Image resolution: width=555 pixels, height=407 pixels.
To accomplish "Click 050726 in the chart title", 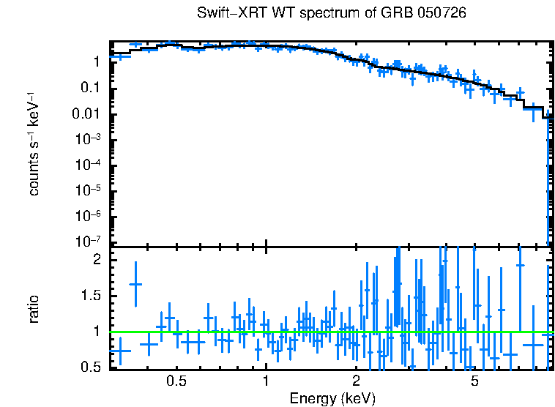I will click(443, 13).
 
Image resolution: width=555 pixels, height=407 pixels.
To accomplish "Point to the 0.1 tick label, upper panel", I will click(92, 89).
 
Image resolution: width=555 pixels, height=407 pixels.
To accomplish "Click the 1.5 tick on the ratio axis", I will click(92, 296).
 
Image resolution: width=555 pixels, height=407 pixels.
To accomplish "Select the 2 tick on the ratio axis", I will click(97, 260).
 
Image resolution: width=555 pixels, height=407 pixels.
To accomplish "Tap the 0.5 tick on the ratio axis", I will click(92, 367).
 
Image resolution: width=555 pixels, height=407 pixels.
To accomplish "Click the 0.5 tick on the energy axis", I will click(176, 382).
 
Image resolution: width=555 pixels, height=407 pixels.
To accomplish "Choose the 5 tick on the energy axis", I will click(474, 382).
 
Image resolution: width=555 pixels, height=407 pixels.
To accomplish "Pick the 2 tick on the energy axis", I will click(356, 382).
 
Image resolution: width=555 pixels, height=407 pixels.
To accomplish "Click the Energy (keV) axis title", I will click(332, 398).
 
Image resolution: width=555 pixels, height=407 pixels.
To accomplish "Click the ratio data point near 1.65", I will click(135, 284).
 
